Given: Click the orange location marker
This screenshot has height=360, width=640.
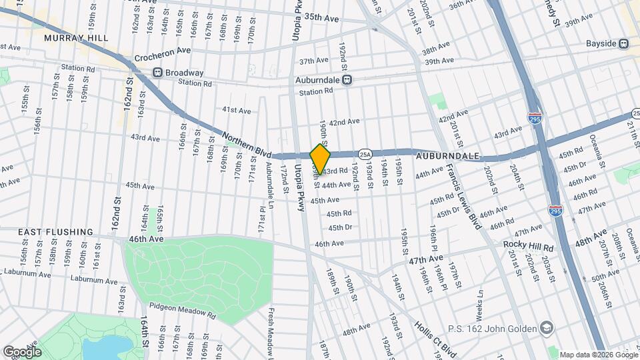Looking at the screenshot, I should click(x=320, y=159).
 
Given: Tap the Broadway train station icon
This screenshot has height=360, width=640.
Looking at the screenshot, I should click(x=157, y=73).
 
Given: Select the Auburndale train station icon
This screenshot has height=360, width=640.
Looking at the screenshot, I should click(x=347, y=79).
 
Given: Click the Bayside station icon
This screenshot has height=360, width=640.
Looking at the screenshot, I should click(x=624, y=44).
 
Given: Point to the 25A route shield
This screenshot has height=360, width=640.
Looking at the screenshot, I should click(x=364, y=154).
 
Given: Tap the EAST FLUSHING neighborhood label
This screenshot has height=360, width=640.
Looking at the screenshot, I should click(x=55, y=231).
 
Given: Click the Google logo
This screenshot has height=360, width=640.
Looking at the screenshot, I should click(x=22, y=351).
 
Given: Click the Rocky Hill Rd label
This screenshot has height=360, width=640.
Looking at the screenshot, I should click(x=524, y=245).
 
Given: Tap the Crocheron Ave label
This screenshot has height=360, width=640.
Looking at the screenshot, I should click(x=163, y=51).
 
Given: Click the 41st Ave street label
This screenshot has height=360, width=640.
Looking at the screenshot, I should click(x=237, y=109).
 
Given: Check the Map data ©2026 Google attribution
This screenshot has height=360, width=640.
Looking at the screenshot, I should click(x=598, y=355).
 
